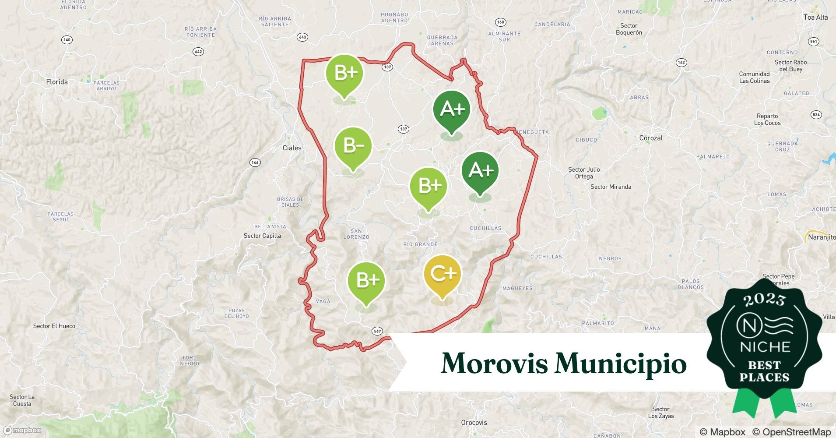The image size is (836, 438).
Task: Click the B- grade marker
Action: pyautogui.click(x=353, y=146)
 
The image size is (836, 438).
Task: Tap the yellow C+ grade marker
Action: pyautogui.click(x=443, y=274)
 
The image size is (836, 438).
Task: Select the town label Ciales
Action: pyautogui.click(x=292, y=148)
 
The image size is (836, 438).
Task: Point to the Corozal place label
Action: pyautogui.click(x=651, y=138)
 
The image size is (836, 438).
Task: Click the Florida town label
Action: pyautogui.click(x=57, y=82)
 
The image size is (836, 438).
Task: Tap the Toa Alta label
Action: pyautogui.click(x=815, y=18)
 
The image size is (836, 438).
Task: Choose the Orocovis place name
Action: pyautogui.click(x=474, y=423)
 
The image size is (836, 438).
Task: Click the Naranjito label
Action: pyautogui.click(x=822, y=237)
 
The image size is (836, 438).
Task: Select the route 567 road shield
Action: pyautogui.click(x=377, y=331)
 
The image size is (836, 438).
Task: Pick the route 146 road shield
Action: pyautogui.click(x=255, y=162)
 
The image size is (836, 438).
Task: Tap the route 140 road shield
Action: pyautogui.click(x=67, y=40)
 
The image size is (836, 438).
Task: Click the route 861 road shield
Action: pyautogui.click(x=813, y=42)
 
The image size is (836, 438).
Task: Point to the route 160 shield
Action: pyautogui.click(x=500, y=22)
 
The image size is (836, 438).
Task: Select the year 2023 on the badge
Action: pyautogui.click(x=764, y=300)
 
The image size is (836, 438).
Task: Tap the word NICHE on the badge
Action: pyautogui.click(x=765, y=347)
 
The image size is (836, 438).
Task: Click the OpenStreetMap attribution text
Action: pyautogui.click(x=791, y=432)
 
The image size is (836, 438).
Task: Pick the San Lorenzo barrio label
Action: pyautogui.click(x=356, y=234)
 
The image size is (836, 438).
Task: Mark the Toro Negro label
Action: pyautogui.click(x=190, y=360)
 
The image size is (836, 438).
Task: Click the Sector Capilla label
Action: pyautogui.click(x=262, y=236)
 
